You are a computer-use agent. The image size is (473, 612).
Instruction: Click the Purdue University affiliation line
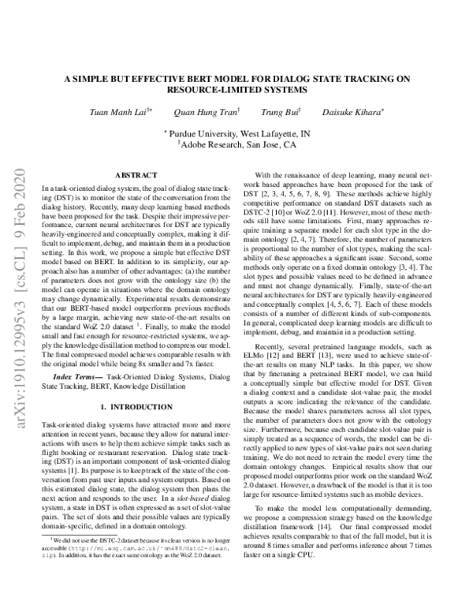(x=236, y=134)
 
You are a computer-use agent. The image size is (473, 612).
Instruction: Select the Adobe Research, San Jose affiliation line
(x=236, y=145)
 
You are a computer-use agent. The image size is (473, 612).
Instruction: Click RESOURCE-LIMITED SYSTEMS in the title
(x=236, y=89)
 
